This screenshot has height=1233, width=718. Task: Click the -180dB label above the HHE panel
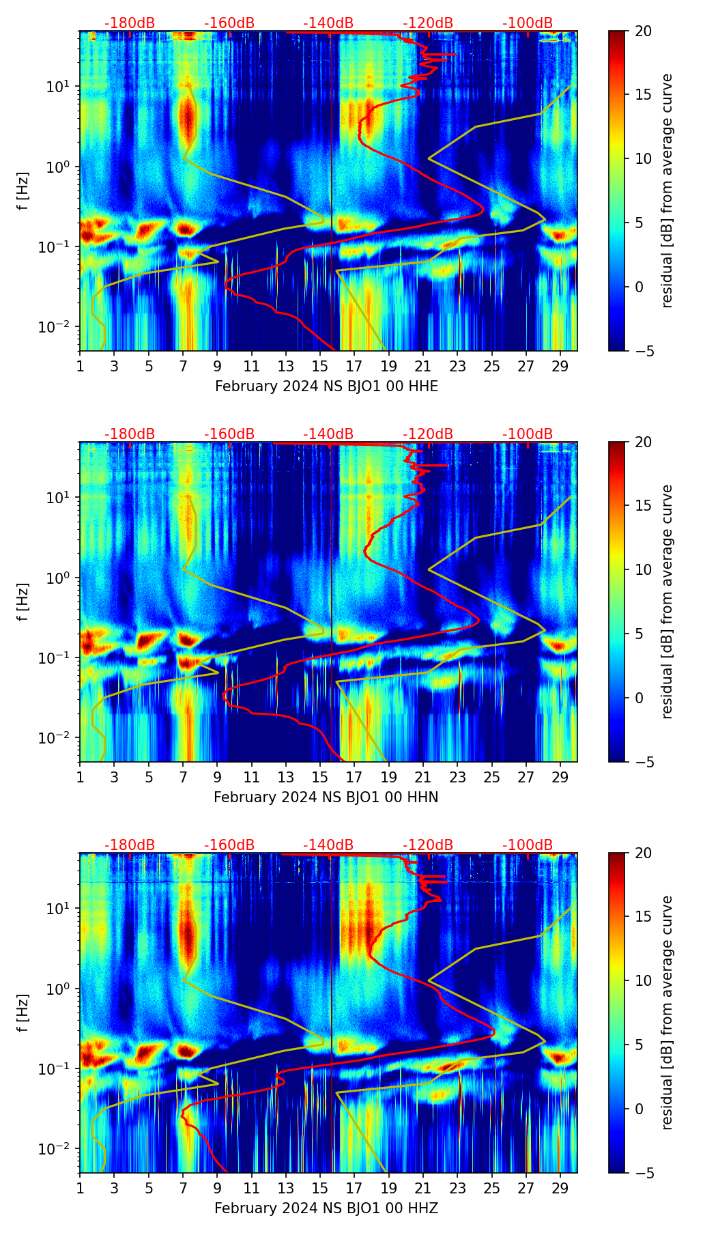(x=130, y=23)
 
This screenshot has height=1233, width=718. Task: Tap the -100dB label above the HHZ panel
(x=528, y=845)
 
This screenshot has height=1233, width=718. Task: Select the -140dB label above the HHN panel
(x=328, y=434)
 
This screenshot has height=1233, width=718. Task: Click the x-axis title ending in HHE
(x=326, y=386)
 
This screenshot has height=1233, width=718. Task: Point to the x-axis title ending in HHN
(x=326, y=797)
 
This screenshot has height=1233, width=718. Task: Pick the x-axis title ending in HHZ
(x=326, y=1208)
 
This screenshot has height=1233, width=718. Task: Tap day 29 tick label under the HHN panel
(x=560, y=777)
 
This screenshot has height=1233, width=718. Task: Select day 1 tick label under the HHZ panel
(x=80, y=1188)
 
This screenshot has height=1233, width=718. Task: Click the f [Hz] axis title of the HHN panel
(x=23, y=601)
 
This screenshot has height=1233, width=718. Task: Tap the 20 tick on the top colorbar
(x=644, y=31)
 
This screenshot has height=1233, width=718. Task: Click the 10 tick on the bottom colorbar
(x=644, y=980)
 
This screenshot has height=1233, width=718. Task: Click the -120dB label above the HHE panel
(x=428, y=23)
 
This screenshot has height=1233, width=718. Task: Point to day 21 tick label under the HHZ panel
(x=423, y=1188)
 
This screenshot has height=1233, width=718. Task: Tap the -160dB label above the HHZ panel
(x=229, y=845)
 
